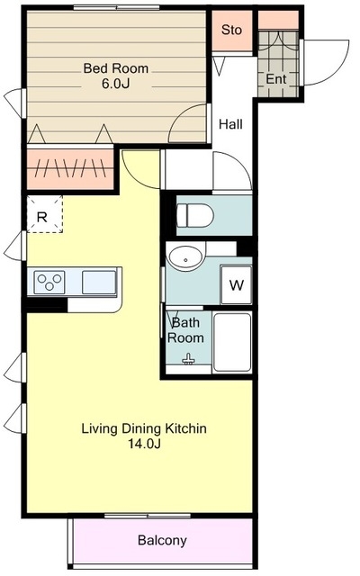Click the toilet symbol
[195, 216]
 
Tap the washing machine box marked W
[236, 284]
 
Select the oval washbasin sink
[185, 256]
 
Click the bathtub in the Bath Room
[232, 342]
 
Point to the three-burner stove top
[49, 282]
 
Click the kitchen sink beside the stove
[99, 282]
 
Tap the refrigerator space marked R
[44, 214]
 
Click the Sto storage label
[231, 30]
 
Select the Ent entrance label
[276, 79]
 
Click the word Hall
[230, 124]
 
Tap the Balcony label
[162, 540]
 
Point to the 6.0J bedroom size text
[116, 84]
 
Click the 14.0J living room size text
[144, 444]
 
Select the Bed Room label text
[116, 68]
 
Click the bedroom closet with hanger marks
[70, 169]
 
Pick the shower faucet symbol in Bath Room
[188, 359]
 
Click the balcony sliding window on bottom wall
[148, 516]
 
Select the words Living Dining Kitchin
[144, 428]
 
